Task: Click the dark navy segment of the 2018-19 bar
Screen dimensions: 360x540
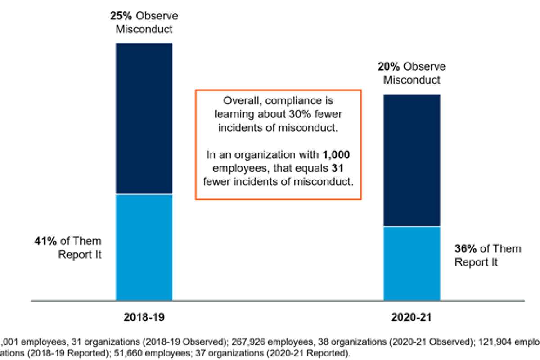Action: tap(144, 118)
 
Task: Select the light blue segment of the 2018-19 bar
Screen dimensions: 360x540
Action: tap(144, 247)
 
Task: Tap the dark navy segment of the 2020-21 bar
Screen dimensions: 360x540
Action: tap(411, 160)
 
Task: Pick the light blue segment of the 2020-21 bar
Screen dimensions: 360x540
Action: tap(411, 263)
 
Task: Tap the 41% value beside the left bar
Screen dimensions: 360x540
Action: tap(45, 241)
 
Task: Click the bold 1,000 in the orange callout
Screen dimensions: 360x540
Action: tap(336, 155)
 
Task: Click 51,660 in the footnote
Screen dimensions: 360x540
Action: tap(166, 353)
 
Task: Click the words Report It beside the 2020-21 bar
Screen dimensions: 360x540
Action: tap(477, 262)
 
